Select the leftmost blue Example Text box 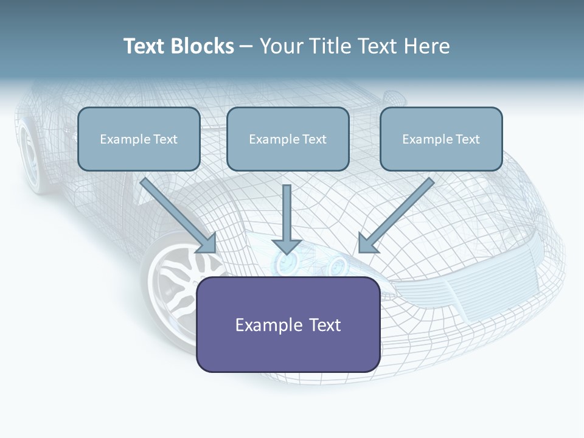click(139, 139)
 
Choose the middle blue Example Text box click(288, 139)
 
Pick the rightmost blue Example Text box click(441, 139)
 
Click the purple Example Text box click(288, 324)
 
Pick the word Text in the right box click(467, 139)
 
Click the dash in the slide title click(246, 47)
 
